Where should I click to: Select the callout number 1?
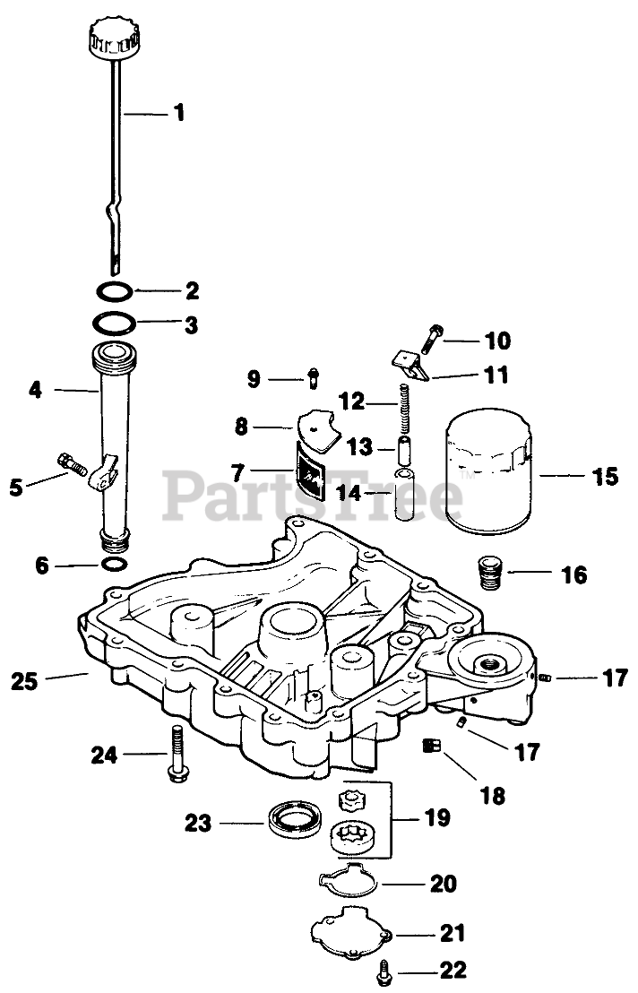pyautogui.click(x=178, y=113)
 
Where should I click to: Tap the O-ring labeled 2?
pyautogui.click(x=116, y=291)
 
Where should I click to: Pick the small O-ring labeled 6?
pyautogui.click(x=115, y=565)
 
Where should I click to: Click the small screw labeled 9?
pyautogui.click(x=312, y=379)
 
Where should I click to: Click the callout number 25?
pyautogui.click(x=25, y=680)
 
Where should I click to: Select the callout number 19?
pyautogui.click(x=435, y=816)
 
